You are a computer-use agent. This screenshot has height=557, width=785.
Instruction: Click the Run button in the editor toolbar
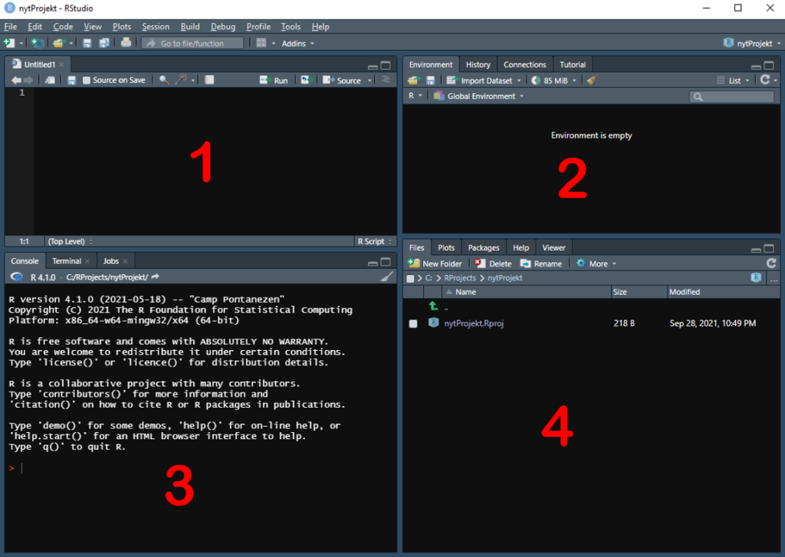274,80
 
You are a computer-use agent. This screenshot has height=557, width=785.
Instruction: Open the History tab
478,64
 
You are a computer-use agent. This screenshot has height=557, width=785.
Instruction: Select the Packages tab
484,247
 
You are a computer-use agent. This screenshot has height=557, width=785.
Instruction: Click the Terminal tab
67,261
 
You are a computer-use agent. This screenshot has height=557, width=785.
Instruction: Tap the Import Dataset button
484,80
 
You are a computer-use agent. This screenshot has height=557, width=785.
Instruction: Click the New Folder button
435,264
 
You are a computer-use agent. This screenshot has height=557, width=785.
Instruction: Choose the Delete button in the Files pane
493,264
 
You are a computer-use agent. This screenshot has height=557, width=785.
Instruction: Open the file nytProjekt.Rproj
474,323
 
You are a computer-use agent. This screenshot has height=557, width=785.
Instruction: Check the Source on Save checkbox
87,80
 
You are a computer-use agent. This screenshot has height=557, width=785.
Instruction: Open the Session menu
156,27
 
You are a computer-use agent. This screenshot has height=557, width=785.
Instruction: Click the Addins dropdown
298,44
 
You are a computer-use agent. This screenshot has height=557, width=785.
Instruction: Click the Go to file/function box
192,44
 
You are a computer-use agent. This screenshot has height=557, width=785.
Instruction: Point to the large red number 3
179,485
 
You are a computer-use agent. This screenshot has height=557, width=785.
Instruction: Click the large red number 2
572,179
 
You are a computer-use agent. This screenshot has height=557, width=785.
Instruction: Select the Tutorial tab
573,64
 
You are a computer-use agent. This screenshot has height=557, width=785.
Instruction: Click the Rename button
541,264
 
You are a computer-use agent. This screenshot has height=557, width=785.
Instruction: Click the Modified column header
685,292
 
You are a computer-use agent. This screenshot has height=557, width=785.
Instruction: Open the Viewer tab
553,247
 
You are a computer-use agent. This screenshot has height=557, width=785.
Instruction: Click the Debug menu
223,27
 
